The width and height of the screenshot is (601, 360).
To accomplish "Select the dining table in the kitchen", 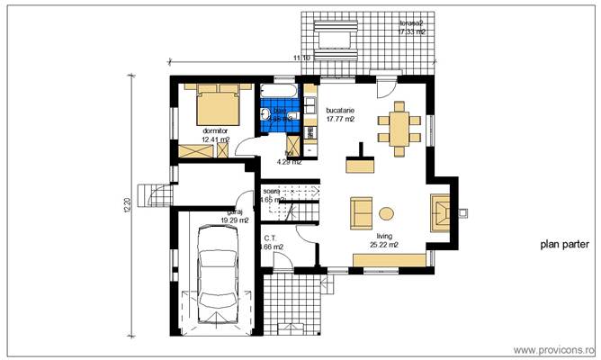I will pos(397,125).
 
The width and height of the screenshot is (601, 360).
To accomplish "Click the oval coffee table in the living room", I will pos(386,213).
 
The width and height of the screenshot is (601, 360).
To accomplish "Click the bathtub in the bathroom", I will pos(281,93).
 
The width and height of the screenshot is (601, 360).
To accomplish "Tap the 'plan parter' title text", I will pos(564,244).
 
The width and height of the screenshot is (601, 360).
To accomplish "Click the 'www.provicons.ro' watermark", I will pos(553,349).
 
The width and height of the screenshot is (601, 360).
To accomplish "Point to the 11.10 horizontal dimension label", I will pos(302,58).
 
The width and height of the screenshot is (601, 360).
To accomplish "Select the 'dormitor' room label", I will pos(216,131).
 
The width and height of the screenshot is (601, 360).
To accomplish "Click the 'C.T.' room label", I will pos(270,238).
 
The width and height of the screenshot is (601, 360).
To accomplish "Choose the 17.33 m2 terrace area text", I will pos(411,31).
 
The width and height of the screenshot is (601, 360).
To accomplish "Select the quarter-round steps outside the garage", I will pos(159,193).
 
